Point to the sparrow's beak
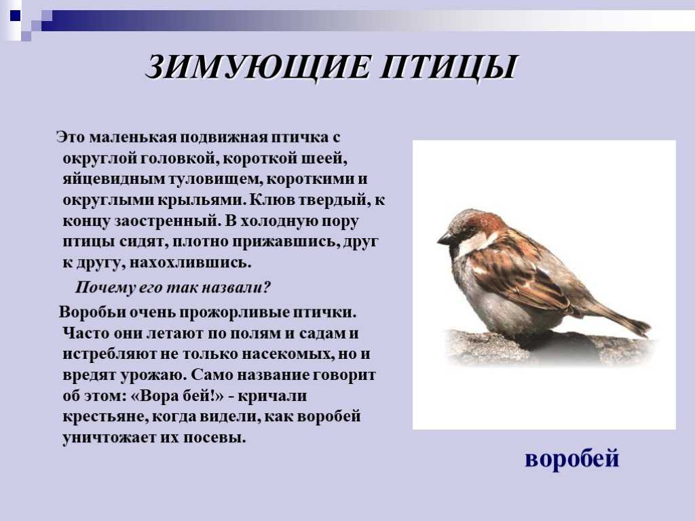point(445,239)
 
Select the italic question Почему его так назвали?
point(172,288)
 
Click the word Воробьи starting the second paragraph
point(93,312)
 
